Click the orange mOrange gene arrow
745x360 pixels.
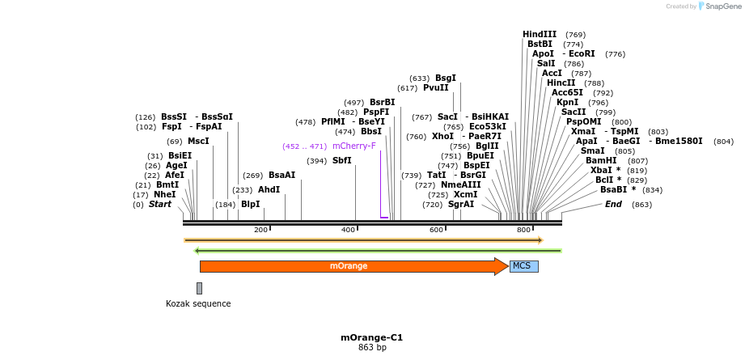click(348, 266)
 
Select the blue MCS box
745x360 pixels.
click(523, 266)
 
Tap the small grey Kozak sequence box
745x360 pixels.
click(199, 288)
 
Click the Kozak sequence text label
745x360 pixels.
click(198, 304)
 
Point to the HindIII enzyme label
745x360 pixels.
click(540, 34)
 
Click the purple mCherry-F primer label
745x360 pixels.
click(354, 146)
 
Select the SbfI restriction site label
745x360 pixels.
click(342, 160)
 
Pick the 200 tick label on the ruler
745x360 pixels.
click(260, 231)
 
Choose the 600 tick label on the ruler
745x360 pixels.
click(436, 231)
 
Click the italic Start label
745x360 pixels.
click(160, 205)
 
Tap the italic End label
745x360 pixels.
click(613, 205)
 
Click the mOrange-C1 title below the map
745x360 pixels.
click(372, 337)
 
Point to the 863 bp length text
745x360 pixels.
click(372, 348)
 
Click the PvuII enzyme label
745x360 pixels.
click(435, 88)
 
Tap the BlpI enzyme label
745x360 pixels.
click(251, 205)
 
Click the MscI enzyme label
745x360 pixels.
click(198, 142)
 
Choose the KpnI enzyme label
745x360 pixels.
click(567, 103)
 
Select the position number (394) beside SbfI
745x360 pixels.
click(317, 161)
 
